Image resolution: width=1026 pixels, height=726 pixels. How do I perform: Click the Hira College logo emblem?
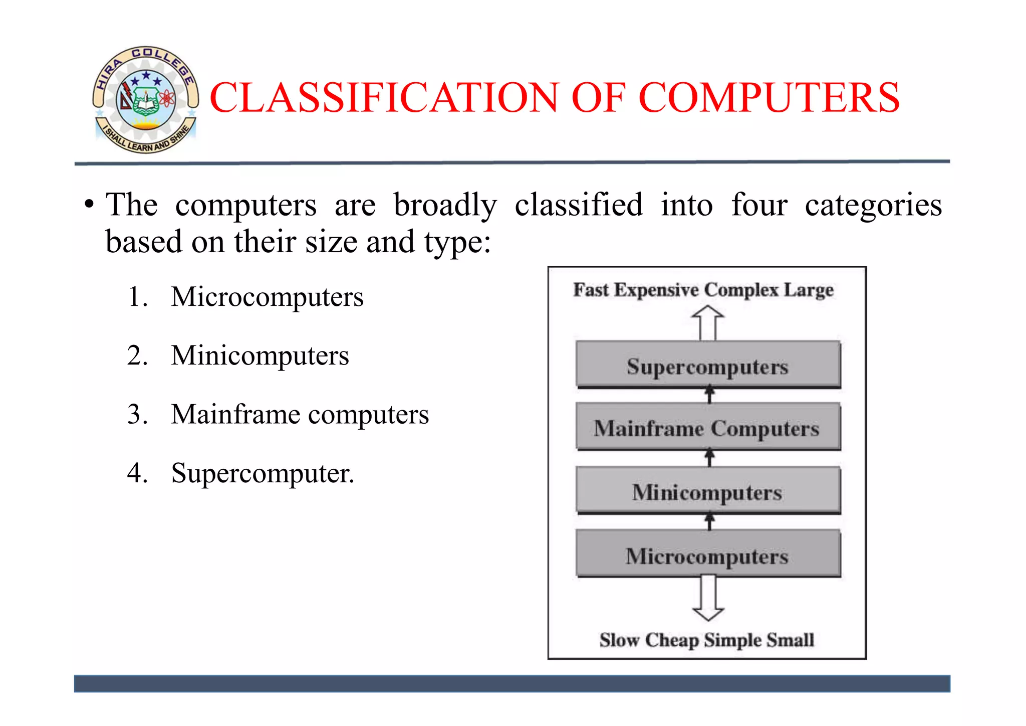[145, 99]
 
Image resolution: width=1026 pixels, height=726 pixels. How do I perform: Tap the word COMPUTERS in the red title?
[769, 97]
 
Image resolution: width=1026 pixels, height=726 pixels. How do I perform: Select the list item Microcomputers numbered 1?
[267, 297]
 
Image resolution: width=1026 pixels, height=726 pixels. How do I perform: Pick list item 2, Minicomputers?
[260, 355]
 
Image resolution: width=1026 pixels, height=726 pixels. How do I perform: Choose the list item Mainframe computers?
[300, 415]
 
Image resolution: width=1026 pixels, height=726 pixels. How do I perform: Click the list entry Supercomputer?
[263, 473]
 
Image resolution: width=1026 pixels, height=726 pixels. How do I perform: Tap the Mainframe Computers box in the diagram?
[707, 428]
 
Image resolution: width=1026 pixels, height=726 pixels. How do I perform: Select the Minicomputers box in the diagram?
[707, 491]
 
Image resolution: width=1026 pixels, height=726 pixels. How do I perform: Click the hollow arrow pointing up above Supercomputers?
[707, 323]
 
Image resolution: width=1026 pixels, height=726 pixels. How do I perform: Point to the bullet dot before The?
[89, 205]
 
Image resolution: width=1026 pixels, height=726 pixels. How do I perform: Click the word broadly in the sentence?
[445, 206]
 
